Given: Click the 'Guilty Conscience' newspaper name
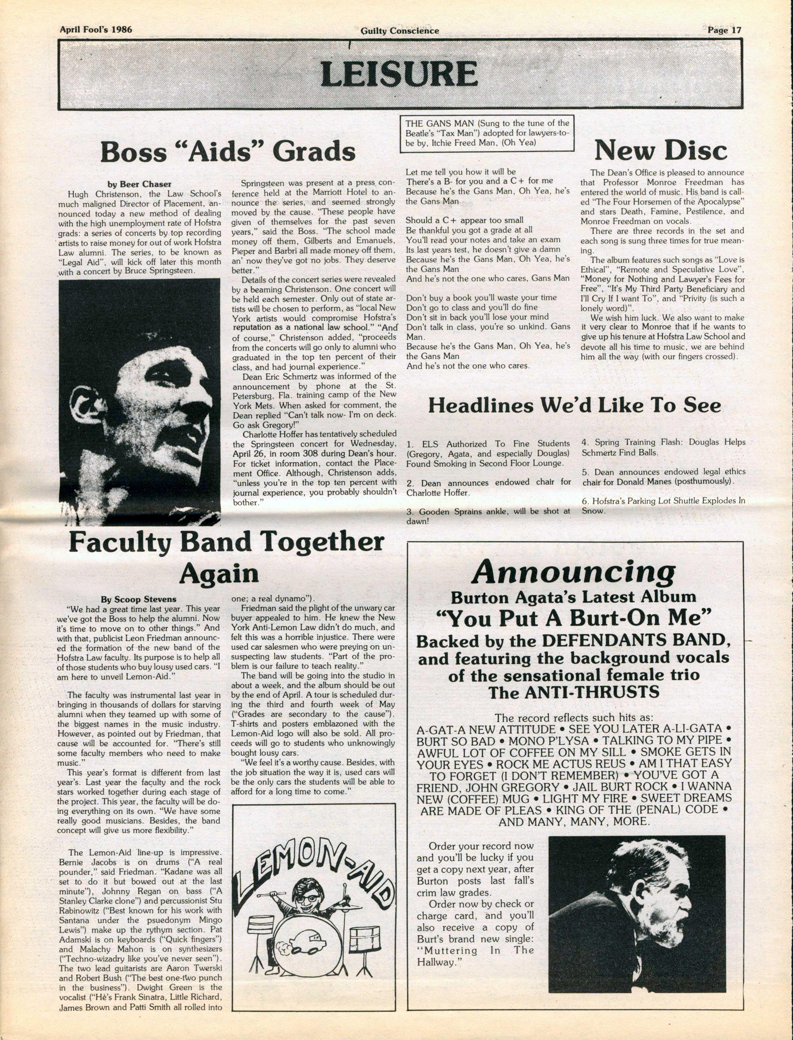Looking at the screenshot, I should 399,31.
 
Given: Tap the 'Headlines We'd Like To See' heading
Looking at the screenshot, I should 575,406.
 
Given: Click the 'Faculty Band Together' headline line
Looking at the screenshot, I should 227,542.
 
